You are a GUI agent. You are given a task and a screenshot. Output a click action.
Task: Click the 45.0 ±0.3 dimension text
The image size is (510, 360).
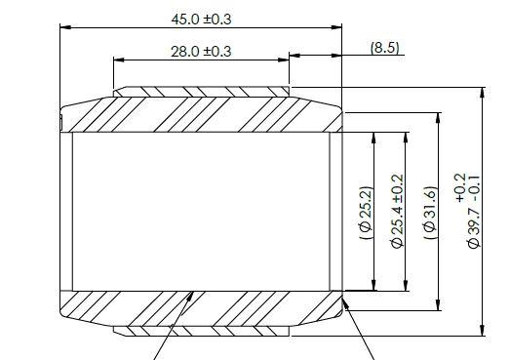click(x=201, y=20)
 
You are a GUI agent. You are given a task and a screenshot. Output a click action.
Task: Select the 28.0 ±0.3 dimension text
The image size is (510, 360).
click(x=201, y=52)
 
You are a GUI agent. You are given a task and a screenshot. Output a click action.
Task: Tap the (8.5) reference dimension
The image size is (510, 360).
click(x=385, y=48)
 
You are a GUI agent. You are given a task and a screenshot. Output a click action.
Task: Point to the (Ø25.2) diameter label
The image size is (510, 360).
click(x=366, y=213)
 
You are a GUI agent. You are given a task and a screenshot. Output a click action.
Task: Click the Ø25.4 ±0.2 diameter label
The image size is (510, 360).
click(x=397, y=212)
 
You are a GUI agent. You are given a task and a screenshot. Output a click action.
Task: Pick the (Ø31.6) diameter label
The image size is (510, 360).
click(x=430, y=213)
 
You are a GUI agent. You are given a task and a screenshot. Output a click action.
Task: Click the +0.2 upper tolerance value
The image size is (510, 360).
click(x=461, y=187)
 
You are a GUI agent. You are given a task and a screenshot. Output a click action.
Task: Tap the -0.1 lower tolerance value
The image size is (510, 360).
click(x=475, y=188)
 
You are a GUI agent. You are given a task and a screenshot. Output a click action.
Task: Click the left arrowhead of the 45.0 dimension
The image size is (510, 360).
click(x=65, y=27)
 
